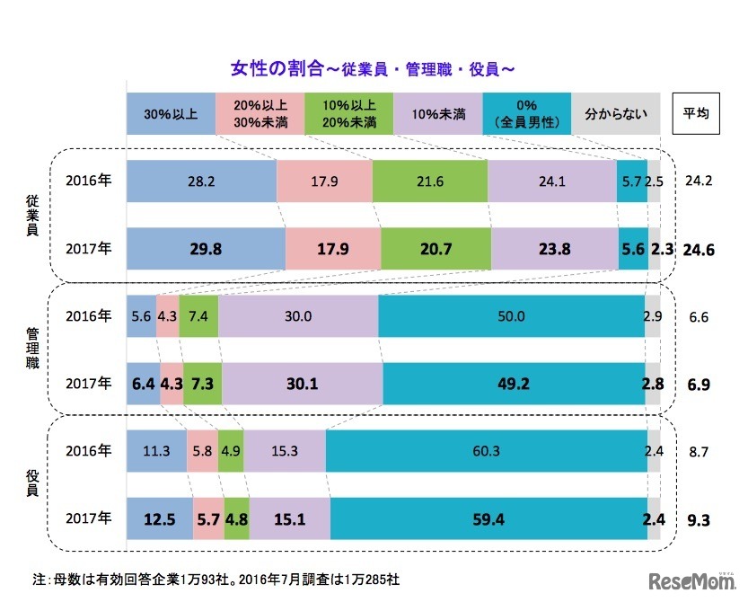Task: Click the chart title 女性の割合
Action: [x=372, y=68]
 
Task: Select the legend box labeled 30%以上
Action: [x=171, y=114]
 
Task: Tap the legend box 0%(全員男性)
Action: [x=527, y=114]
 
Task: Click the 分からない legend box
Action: [x=616, y=114]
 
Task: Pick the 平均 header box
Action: [x=696, y=114]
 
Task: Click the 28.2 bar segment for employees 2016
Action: [x=201, y=180]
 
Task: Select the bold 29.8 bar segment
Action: [x=206, y=250]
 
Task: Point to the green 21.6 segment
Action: [x=429, y=180]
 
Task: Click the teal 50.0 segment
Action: [x=511, y=316]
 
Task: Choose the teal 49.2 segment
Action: [x=514, y=384]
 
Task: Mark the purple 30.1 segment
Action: [x=303, y=384]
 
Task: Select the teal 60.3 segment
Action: [x=485, y=450]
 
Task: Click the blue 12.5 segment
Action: [x=156, y=518]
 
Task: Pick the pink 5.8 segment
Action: [x=201, y=450]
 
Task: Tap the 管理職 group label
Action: [x=32, y=350]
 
